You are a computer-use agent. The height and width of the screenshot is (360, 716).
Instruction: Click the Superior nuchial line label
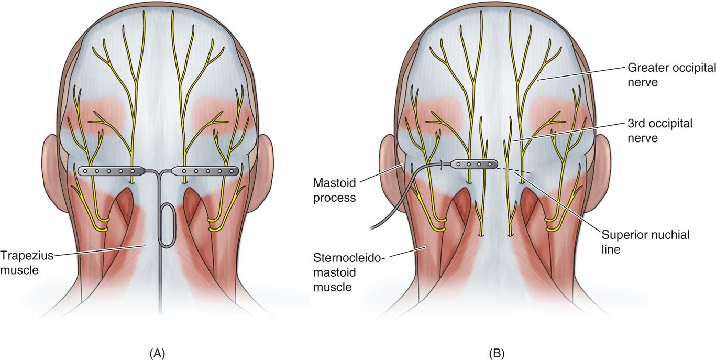click(x=645, y=242)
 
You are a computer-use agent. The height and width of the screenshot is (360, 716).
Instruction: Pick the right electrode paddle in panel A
click(x=205, y=171)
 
